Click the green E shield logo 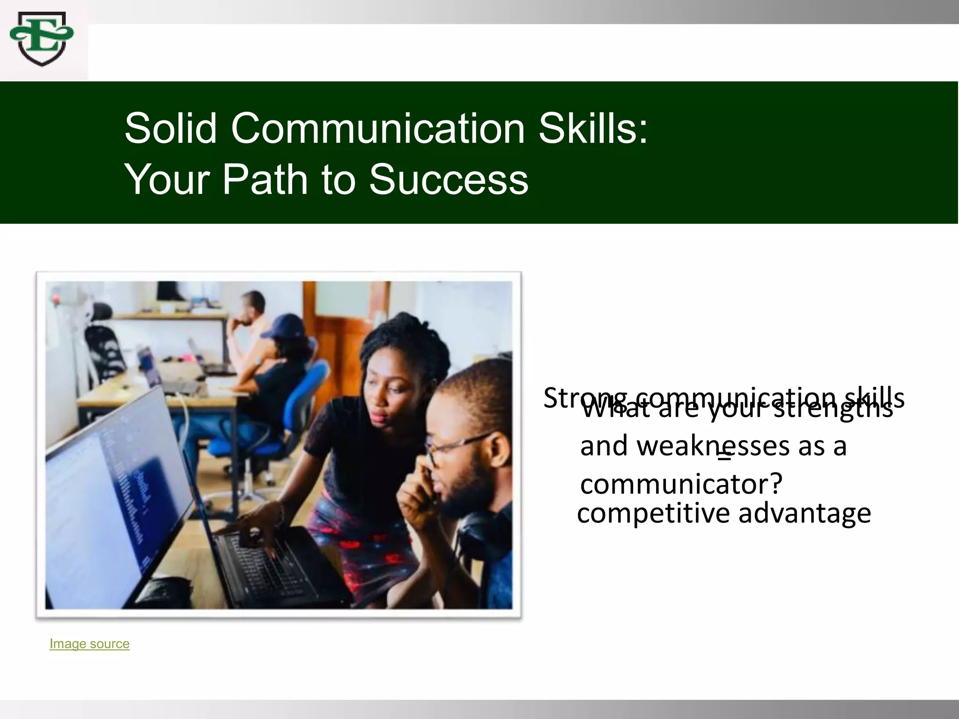(x=42, y=39)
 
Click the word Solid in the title (x=170, y=128)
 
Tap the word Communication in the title (x=378, y=128)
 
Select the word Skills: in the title (x=593, y=128)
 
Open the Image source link (x=89, y=644)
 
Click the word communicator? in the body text (x=681, y=484)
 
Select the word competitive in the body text (x=653, y=514)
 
